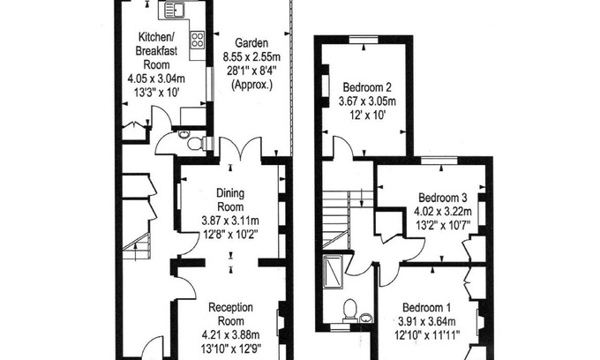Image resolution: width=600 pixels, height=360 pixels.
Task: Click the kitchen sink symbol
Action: tap(175, 10)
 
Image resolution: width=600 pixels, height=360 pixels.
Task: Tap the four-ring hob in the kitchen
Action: tap(198, 40)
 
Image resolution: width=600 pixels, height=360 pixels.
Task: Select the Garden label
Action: tap(251, 43)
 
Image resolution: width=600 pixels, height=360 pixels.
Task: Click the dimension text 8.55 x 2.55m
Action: tap(251, 57)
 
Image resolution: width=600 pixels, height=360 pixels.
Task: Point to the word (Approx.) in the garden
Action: tap(251, 85)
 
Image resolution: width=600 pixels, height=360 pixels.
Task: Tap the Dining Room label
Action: tap(230, 199)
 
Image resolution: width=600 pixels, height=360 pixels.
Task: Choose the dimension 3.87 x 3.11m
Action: tap(230, 221)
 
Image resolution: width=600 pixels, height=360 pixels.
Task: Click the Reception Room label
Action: tap(231, 314)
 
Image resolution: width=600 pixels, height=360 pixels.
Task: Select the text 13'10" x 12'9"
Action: tap(231, 349)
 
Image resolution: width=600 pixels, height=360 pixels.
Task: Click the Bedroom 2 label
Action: tap(367, 87)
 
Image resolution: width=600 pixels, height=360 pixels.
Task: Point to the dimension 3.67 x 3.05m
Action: tap(367, 101)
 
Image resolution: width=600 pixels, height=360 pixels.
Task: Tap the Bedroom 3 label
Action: tap(443, 198)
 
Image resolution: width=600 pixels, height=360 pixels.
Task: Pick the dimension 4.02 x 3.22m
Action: tap(443, 212)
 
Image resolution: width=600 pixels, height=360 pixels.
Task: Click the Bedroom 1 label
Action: tap(427, 308)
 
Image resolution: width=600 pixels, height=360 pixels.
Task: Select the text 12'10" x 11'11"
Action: tap(427, 335)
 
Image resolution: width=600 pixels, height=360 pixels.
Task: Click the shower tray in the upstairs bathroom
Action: tap(333, 271)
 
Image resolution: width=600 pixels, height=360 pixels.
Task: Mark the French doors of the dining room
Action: tap(240, 147)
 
